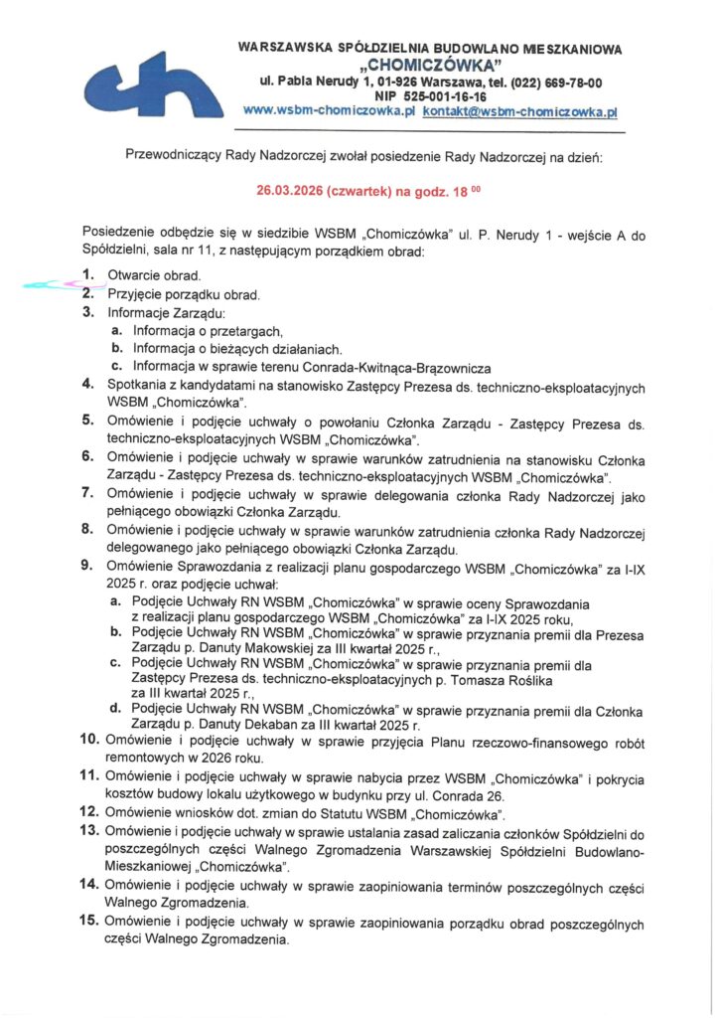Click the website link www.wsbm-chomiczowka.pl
[328, 112]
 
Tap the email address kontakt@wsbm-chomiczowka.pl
[520, 112]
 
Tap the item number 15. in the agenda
[88, 923]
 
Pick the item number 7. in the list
[88, 493]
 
